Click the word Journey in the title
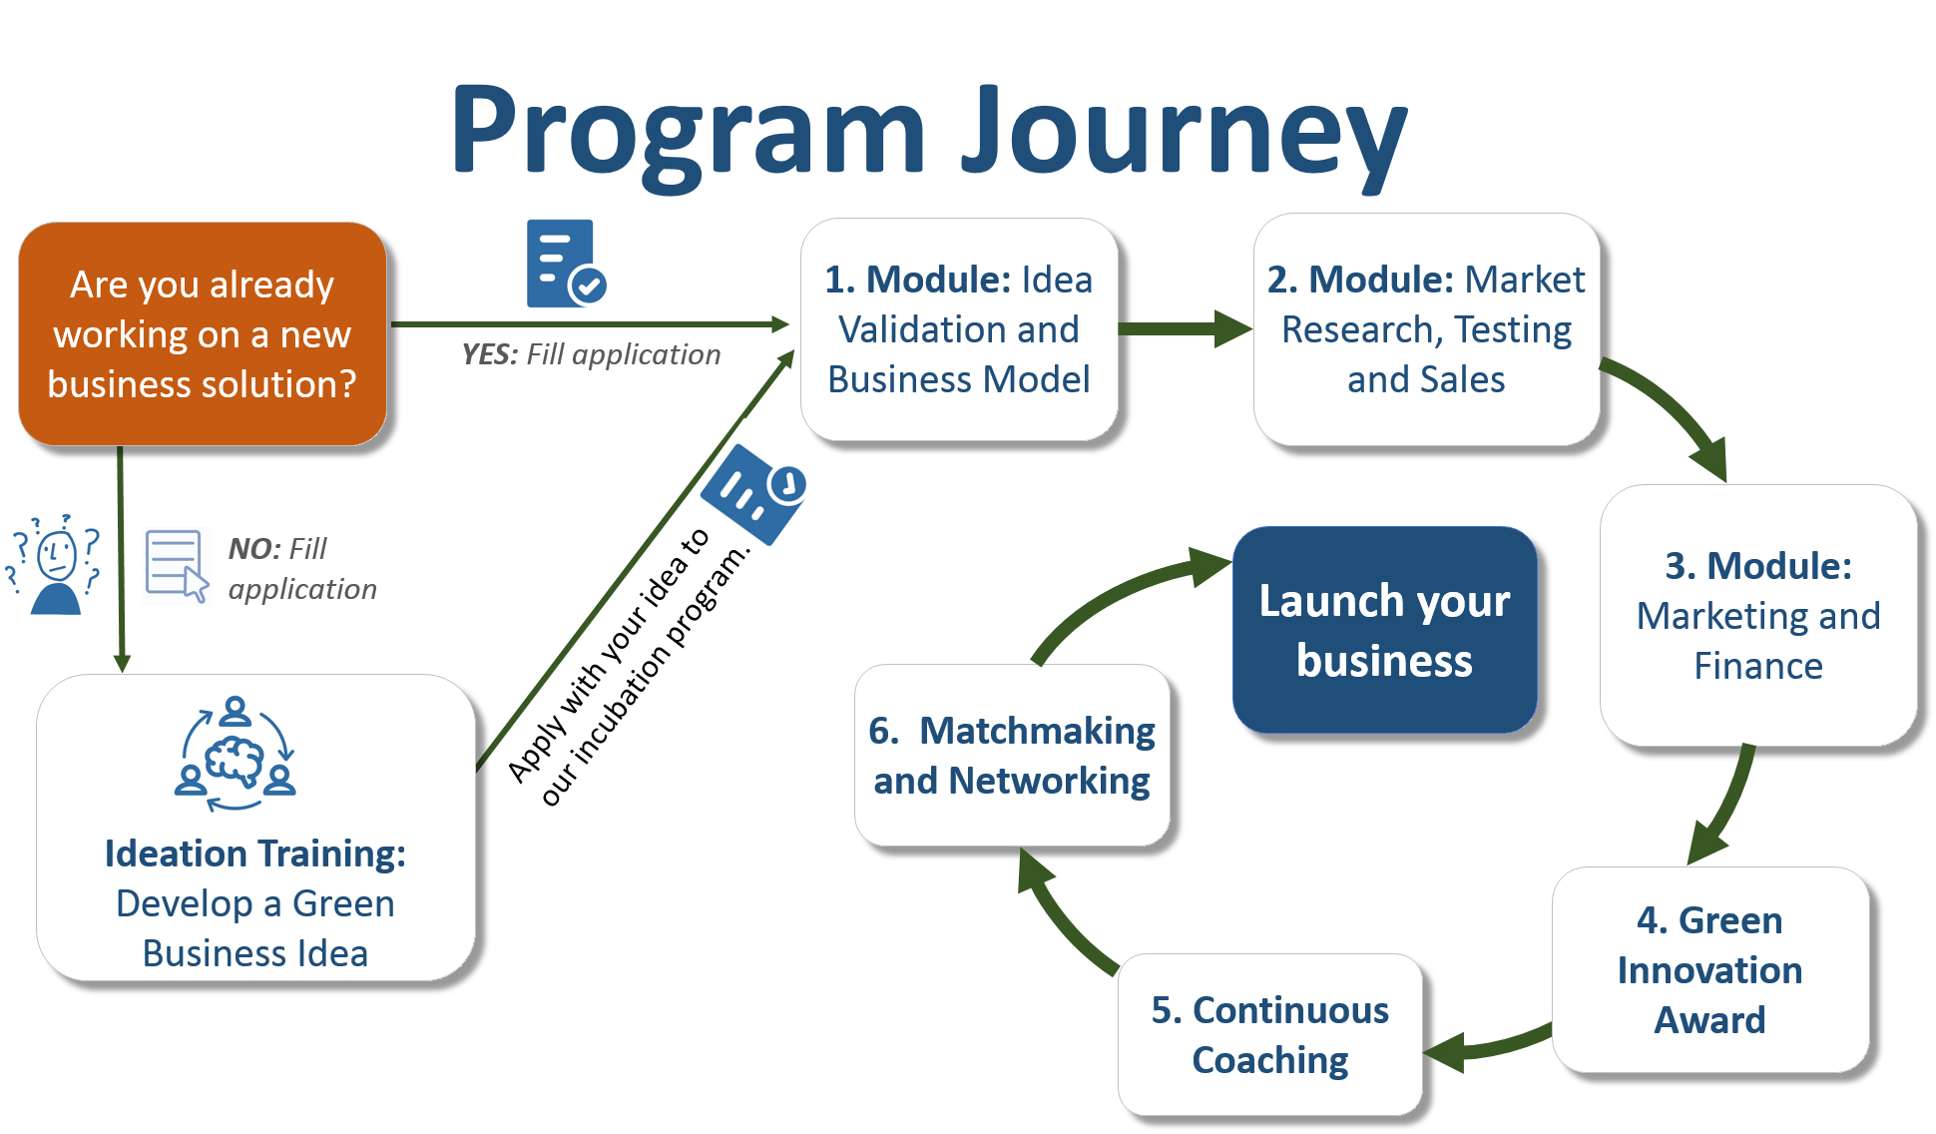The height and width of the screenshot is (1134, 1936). (x=1184, y=135)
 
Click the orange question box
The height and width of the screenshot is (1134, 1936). (x=203, y=333)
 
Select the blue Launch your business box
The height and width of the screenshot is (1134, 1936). (x=1384, y=630)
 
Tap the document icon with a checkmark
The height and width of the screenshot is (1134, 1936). (x=566, y=264)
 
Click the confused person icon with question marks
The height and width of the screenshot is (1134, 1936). (x=55, y=564)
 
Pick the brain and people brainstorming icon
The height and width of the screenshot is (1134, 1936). (x=236, y=754)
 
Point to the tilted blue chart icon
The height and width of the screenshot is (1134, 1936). (x=754, y=493)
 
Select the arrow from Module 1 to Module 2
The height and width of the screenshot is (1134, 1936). (x=1185, y=328)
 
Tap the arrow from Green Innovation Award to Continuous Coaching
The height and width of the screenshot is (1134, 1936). (x=1487, y=1046)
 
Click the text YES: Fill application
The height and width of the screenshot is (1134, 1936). (x=591, y=354)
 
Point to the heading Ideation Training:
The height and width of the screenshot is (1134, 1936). (x=255, y=853)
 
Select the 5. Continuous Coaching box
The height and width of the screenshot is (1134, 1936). (x=1270, y=1035)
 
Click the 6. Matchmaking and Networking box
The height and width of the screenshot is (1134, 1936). (x=1012, y=756)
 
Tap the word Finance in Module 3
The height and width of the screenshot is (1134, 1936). (x=1758, y=666)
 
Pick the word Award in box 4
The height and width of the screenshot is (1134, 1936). (x=1710, y=1020)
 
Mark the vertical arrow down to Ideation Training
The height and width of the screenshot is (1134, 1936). (x=121, y=559)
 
